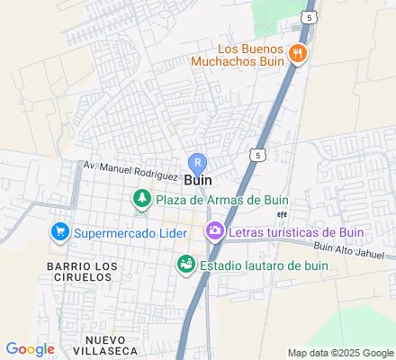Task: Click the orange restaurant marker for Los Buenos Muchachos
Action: click(x=299, y=54)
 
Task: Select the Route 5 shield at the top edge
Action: click(x=309, y=17)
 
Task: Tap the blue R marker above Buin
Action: click(x=198, y=163)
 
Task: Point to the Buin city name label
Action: click(x=198, y=180)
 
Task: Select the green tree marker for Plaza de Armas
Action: click(x=141, y=199)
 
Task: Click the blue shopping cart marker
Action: click(x=60, y=233)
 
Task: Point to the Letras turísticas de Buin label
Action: click(x=295, y=233)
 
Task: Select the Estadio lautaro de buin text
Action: click(x=264, y=265)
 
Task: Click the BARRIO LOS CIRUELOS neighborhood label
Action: click(x=81, y=272)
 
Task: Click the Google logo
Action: click(x=30, y=349)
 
